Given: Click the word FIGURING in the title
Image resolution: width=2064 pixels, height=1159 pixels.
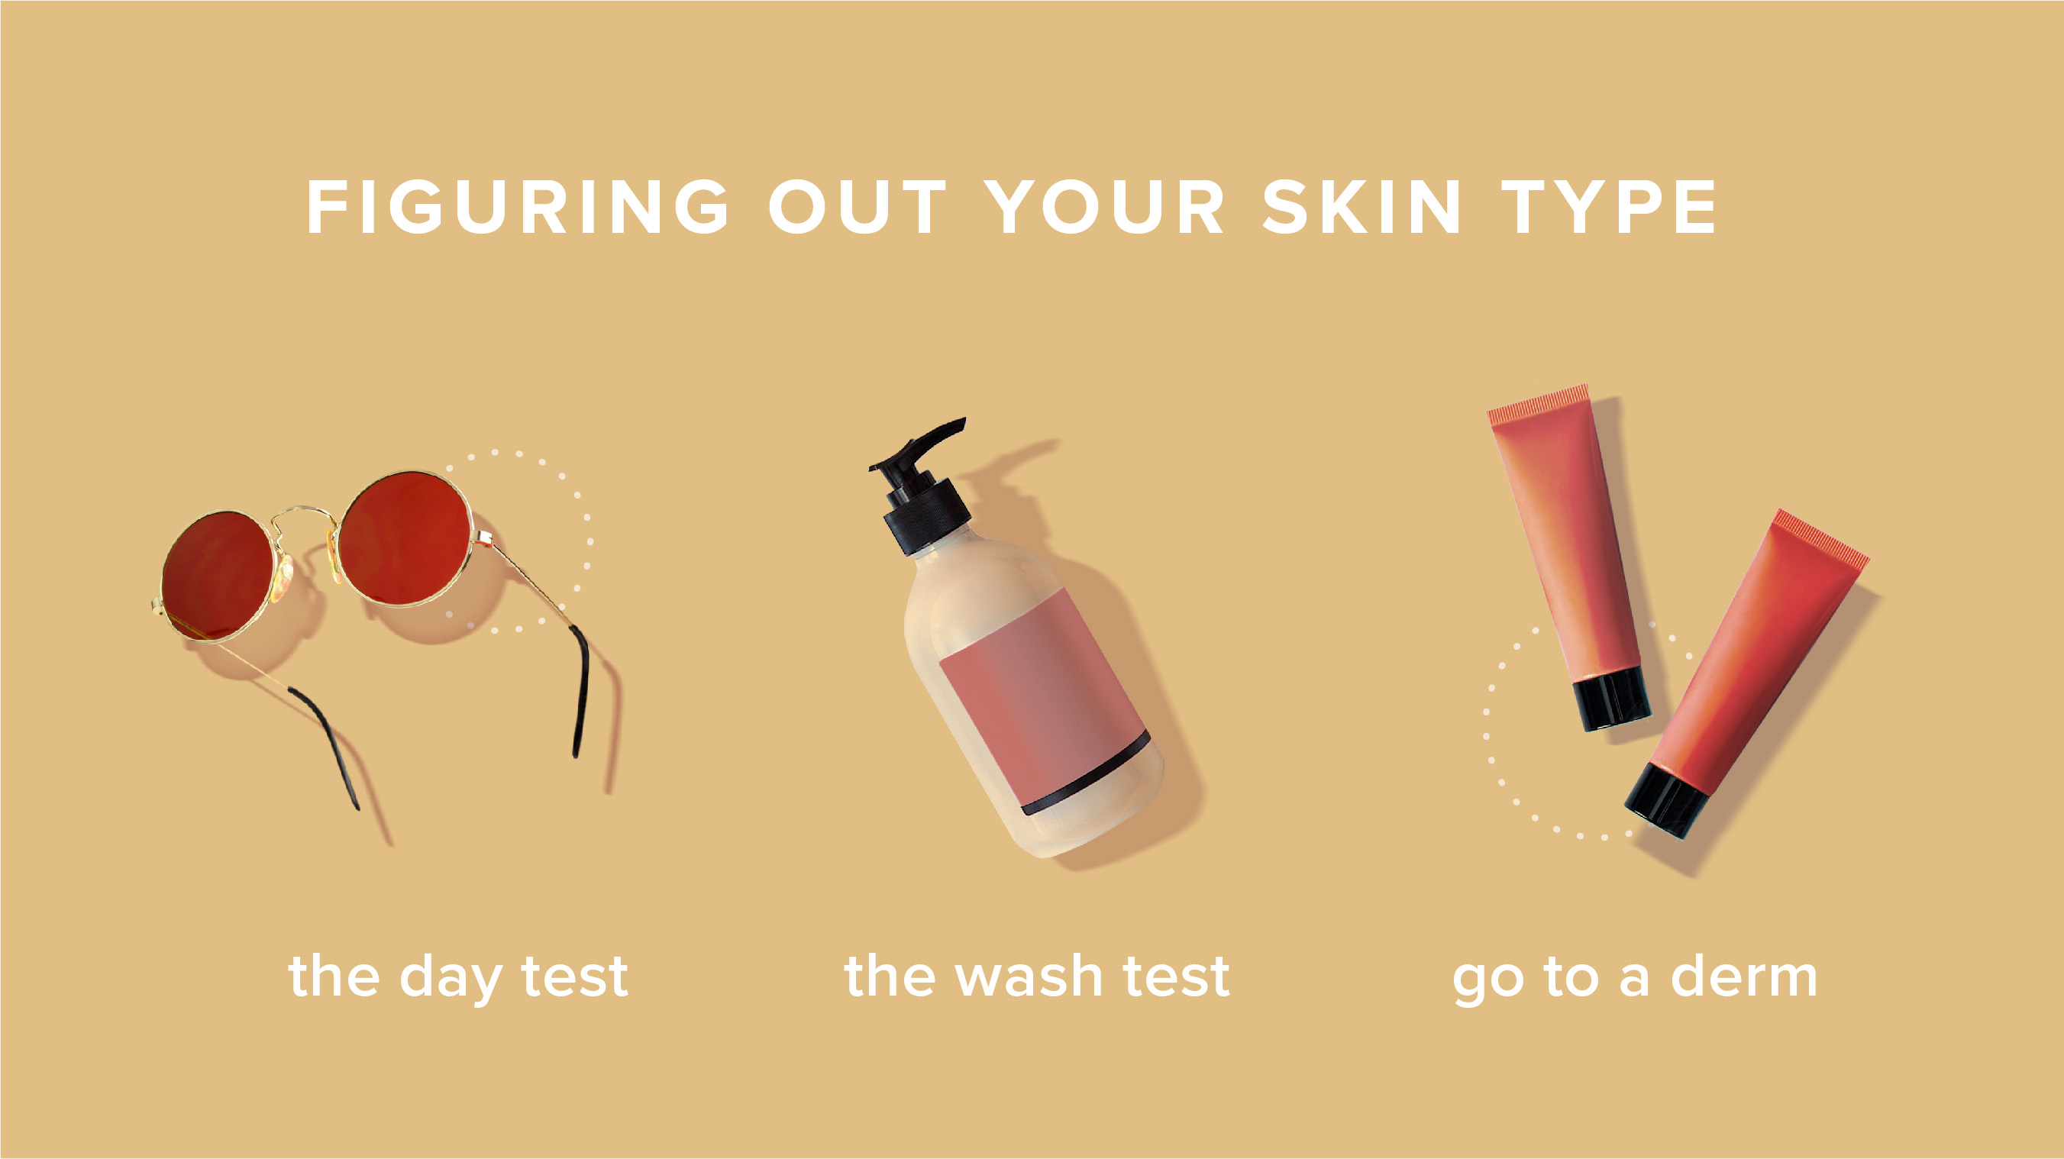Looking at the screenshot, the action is click(518, 207).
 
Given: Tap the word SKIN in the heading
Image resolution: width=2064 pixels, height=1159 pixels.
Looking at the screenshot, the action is click(1361, 207).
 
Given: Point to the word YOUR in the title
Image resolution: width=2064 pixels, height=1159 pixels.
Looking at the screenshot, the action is click(1105, 207).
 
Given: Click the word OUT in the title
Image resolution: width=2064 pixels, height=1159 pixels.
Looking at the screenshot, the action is click(858, 207).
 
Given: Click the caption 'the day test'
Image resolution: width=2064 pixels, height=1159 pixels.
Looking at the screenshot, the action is click(457, 978).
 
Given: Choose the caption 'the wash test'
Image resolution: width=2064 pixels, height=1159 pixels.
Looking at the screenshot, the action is click(1037, 977).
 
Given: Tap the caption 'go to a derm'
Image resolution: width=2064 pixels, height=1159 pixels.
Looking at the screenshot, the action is click(1635, 979).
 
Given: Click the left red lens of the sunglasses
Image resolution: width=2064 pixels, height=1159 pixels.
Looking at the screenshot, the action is click(217, 576).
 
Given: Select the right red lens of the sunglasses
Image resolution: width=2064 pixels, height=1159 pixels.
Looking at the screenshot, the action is click(405, 539).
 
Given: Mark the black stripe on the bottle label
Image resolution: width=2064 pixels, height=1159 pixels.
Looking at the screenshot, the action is click(1087, 774).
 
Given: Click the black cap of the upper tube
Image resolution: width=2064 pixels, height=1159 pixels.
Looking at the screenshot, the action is click(1612, 699).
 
